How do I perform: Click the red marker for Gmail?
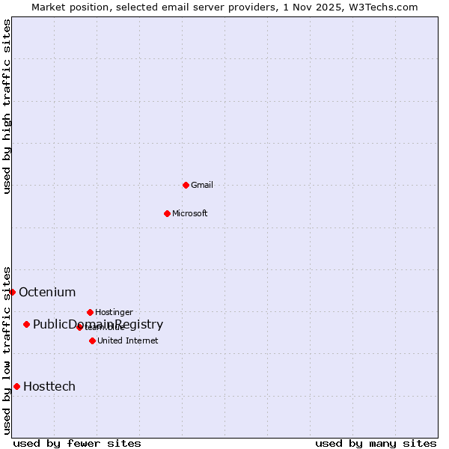186,185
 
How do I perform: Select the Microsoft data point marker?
167,213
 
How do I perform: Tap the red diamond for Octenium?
12,292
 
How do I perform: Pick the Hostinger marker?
90,312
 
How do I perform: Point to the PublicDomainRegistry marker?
26,324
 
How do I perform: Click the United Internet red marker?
92,340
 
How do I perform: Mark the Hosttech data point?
16,386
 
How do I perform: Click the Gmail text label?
202,185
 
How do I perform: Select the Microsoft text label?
189,213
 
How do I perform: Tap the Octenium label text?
47,292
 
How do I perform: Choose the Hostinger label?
114,312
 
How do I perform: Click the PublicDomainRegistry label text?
98,324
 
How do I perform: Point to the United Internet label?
127,340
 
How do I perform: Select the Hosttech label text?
49,386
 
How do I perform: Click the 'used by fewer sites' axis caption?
77,443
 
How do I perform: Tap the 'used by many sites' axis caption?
376,443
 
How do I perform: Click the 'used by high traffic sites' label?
7,106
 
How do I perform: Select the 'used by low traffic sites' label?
7,349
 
